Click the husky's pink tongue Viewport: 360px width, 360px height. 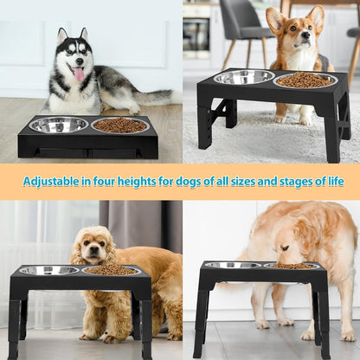coord(79,75)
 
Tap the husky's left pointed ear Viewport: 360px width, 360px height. coord(61,37)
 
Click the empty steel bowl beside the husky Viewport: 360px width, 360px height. coord(58,125)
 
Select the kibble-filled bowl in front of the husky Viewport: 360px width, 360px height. coord(119,125)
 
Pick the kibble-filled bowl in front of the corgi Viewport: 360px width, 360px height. coord(305,80)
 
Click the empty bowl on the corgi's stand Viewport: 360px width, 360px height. coord(244,77)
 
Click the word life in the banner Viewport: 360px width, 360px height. coord(333,182)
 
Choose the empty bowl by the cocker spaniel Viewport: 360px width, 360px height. coord(48,271)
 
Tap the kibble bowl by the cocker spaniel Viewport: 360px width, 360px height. coord(110,271)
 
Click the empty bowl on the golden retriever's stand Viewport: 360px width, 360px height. coord(232,266)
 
